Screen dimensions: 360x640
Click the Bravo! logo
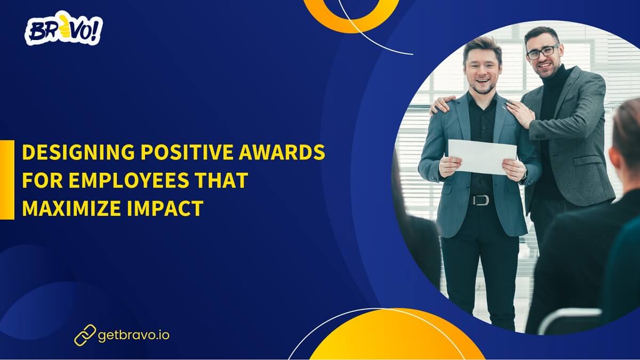click(x=63, y=30)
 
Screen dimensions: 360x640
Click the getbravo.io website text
click(x=134, y=335)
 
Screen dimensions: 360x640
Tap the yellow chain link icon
click(x=85, y=335)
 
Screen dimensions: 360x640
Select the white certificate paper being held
click(x=482, y=156)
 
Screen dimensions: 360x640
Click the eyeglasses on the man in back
click(x=542, y=52)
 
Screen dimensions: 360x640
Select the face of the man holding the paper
click(x=482, y=67)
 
